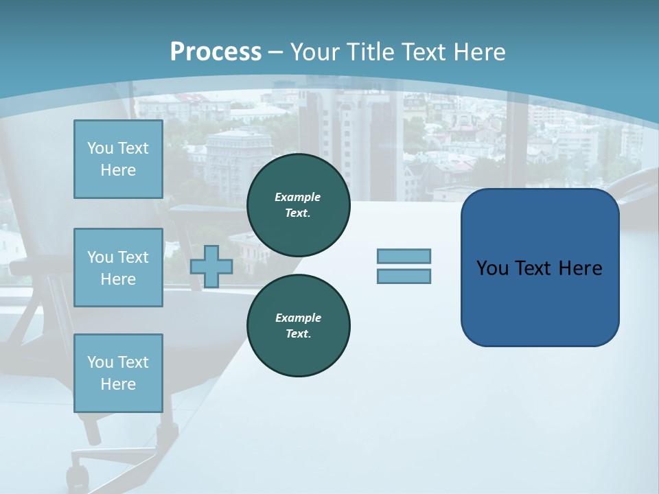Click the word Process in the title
(x=216, y=52)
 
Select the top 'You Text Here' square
(x=118, y=159)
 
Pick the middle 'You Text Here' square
(x=118, y=268)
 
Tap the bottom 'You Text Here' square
(x=118, y=373)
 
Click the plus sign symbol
(x=211, y=266)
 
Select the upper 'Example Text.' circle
(x=298, y=205)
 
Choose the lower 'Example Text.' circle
(x=298, y=326)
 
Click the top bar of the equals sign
(x=404, y=257)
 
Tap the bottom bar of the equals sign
(x=404, y=277)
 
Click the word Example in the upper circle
(x=298, y=197)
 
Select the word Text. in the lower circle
(x=298, y=334)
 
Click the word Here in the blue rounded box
(x=580, y=268)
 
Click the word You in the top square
(x=100, y=148)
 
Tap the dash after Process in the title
(x=275, y=52)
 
